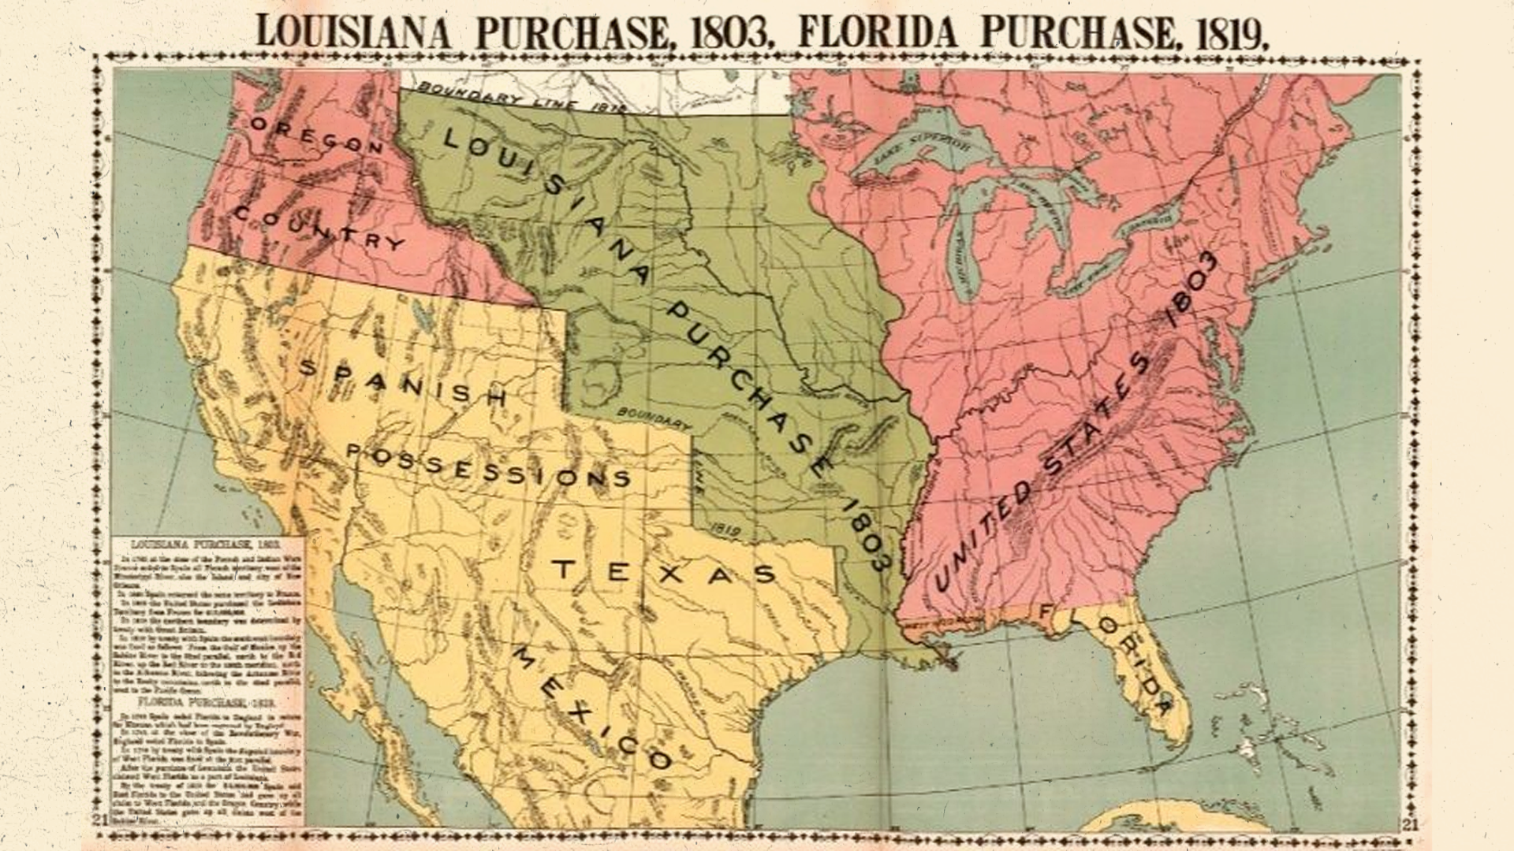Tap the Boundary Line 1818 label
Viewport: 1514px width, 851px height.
[x=520, y=95]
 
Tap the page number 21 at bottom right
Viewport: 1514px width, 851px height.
[x=1411, y=824]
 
